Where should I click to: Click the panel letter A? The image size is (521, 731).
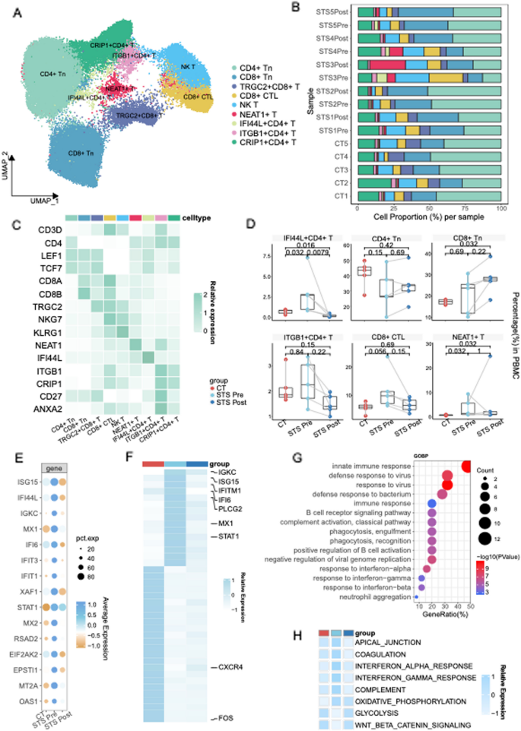pos(17,11)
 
